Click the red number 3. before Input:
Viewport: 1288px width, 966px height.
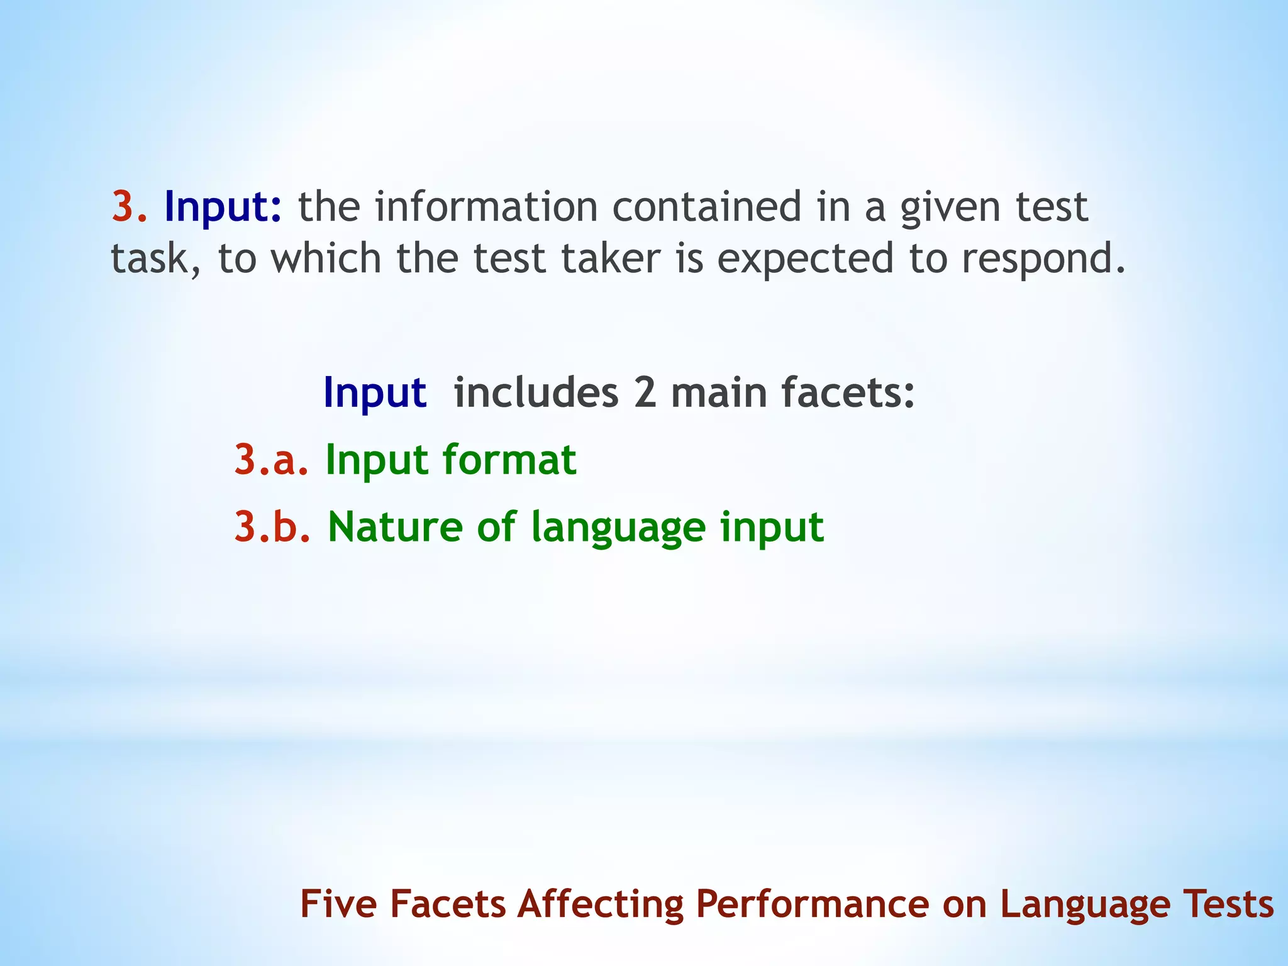[x=130, y=207]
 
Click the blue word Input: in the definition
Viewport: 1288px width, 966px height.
[x=223, y=208]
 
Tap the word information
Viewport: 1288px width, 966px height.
[x=486, y=207]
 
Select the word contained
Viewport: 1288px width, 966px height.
[x=708, y=207]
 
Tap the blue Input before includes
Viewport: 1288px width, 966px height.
[x=375, y=393]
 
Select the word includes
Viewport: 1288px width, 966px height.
[x=536, y=392]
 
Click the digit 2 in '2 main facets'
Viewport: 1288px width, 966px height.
[x=645, y=393]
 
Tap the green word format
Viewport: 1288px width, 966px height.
[x=509, y=460]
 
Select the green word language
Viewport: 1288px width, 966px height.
[x=618, y=528]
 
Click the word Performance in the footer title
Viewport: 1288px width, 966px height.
[x=812, y=904]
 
